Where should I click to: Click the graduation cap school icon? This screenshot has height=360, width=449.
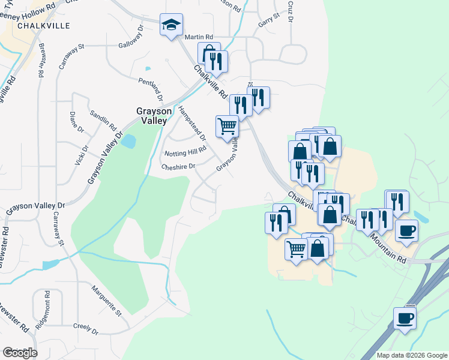[x=171, y=26]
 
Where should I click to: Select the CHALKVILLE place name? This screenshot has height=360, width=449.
[x=44, y=26]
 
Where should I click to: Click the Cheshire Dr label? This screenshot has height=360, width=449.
[x=178, y=167]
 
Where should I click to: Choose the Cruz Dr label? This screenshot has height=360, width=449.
[x=290, y=11]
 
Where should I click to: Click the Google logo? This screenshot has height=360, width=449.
[x=20, y=353]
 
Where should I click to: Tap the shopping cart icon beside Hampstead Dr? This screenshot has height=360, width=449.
[x=227, y=126]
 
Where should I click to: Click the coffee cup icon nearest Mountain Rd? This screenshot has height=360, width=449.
[x=406, y=230]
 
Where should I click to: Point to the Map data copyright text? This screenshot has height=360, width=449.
[x=411, y=355]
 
